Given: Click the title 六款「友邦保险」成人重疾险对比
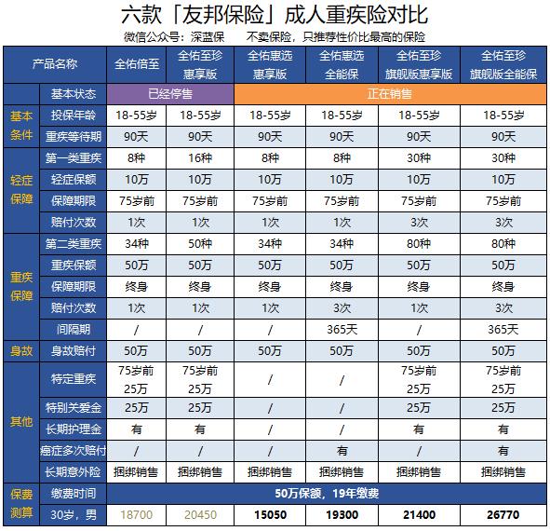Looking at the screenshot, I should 275,16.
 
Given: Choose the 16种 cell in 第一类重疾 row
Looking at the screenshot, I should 201,158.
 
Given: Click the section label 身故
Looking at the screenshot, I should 20,350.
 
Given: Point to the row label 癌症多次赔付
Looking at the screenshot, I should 72,451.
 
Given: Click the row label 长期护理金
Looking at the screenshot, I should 72,429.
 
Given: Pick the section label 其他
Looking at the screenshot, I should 20,421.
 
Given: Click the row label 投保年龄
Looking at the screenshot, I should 72,116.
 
